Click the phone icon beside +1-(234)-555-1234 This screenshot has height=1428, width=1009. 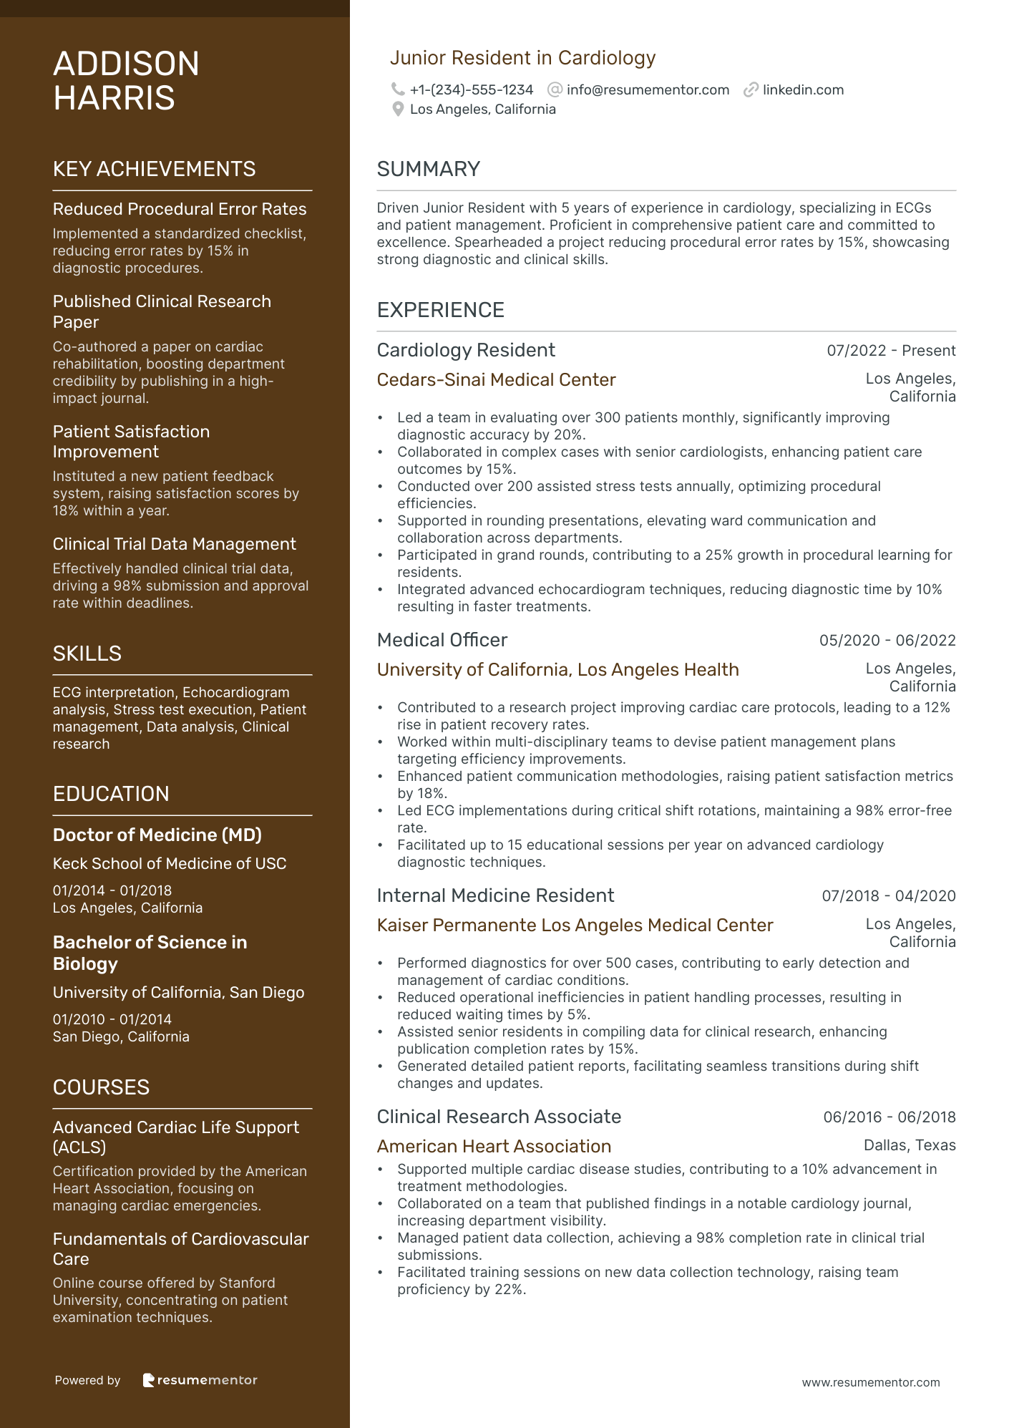tap(398, 89)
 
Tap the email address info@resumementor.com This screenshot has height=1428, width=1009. tap(648, 90)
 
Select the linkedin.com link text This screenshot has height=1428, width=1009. tap(803, 90)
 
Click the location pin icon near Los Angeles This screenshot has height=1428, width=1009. tap(398, 110)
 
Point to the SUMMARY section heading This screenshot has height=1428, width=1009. tap(428, 169)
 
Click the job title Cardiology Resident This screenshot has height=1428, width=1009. tap(466, 350)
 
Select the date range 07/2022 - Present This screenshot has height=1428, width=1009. tap(891, 351)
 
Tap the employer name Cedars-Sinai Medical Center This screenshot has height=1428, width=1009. tap(496, 380)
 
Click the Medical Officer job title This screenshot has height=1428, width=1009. tap(442, 640)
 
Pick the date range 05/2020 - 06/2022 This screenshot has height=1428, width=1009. tap(887, 641)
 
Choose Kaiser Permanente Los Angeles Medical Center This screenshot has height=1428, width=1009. tap(575, 926)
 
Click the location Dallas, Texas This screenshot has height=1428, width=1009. tap(910, 1145)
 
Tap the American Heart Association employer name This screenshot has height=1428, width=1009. tap(494, 1147)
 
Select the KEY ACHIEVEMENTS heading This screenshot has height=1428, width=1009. tap(154, 169)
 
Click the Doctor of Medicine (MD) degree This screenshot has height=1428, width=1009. tap(157, 835)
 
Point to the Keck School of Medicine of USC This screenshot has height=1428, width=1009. tap(170, 864)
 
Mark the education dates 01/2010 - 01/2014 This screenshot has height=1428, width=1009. tap(112, 1019)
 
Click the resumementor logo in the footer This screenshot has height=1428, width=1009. tap(200, 1380)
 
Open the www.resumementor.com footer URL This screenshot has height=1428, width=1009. tap(871, 1383)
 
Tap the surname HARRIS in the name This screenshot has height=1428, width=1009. tap(114, 98)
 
